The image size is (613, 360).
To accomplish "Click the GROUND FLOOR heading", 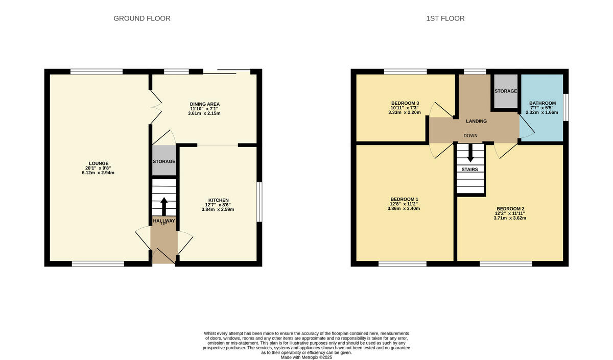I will (x=142, y=18).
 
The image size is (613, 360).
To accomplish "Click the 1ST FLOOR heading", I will (x=445, y=18).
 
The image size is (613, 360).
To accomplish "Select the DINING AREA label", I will (x=204, y=104).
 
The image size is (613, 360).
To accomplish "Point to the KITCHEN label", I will (x=218, y=200).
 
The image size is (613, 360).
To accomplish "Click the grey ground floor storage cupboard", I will (x=164, y=161).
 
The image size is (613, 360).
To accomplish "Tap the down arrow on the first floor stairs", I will (x=470, y=155).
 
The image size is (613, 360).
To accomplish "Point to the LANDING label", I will (x=476, y=121).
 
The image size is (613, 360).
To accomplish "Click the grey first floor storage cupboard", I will (x=506, y=91).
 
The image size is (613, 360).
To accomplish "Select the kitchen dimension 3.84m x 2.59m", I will (x=218, y=209).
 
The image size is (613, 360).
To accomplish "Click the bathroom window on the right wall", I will (x=565, y=107).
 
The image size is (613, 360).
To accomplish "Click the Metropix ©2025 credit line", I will (x=306, y=357).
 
